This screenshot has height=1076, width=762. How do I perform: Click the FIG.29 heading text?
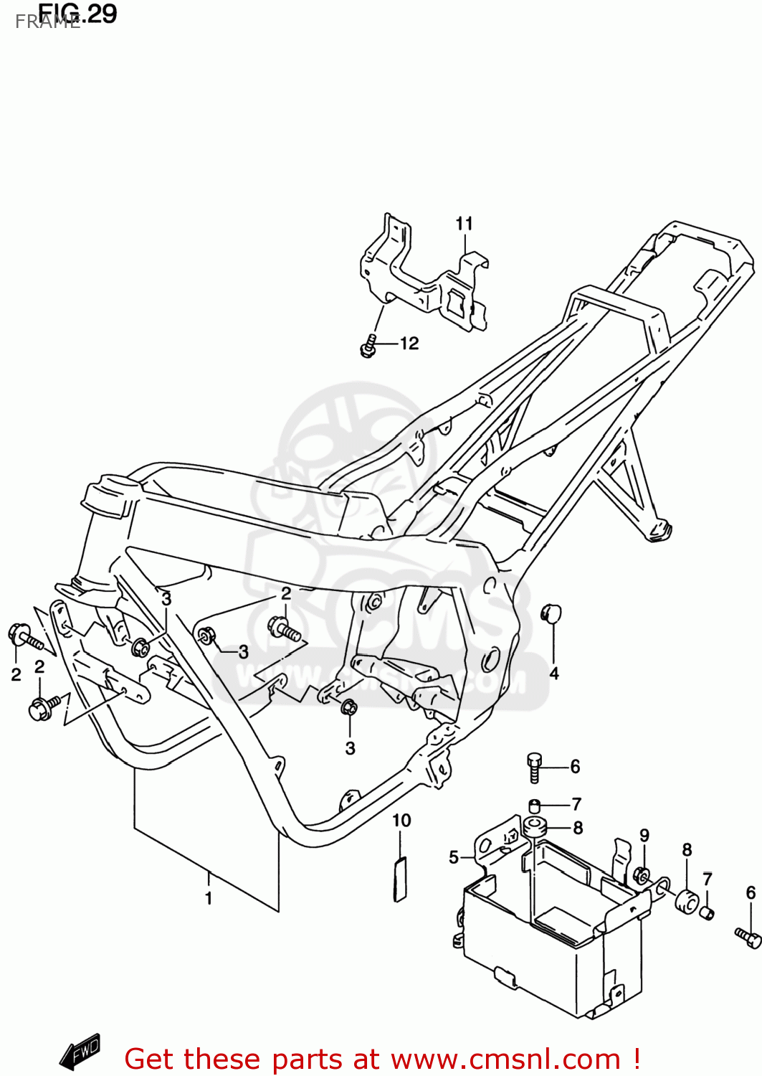[x=77, y=14]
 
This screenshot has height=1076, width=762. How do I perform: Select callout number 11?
[x=464, y=224]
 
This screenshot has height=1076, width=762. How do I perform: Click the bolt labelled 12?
[x=368, y=346]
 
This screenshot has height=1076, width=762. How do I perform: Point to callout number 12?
[x=409, y=344]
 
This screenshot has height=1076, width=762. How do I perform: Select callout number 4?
[x=553, y=673]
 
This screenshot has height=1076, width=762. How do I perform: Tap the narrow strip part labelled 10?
[x=399, y=878]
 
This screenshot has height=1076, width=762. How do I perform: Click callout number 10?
[x=401, y=820]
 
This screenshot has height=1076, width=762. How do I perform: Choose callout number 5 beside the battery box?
[x=453, y=857]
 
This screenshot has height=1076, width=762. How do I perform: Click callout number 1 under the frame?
[x=209, y=898]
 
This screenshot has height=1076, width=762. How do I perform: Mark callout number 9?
[x=644, y=836]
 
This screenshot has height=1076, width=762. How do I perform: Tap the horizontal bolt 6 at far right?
[x=748, y=935]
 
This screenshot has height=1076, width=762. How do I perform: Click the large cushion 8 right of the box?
[x=687, y=900]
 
